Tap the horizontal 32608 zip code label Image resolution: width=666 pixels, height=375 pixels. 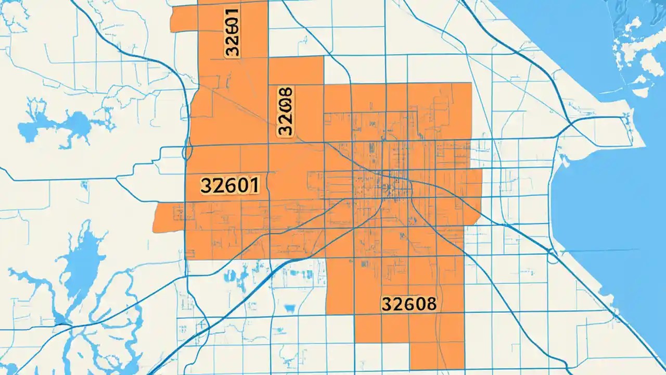click(409, 303)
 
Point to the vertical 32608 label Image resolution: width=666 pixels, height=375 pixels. click(286, 111)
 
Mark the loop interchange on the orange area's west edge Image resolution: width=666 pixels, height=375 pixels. click(186, 152)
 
